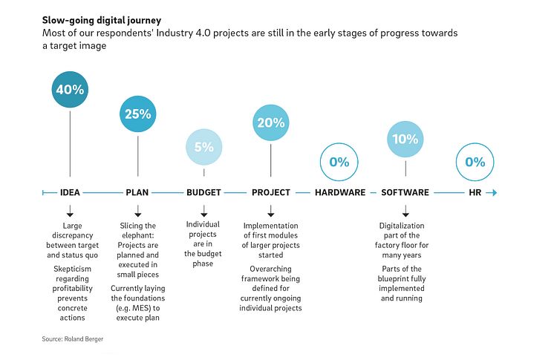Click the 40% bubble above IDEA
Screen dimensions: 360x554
click(70, 91)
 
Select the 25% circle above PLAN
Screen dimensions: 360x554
click(137, 114)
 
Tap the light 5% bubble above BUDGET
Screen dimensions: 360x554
click(203, 147)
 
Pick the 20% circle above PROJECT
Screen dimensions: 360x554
click(271, 124)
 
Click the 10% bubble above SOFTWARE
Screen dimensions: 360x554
click(405, 139)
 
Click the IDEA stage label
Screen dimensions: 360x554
click(70, 193)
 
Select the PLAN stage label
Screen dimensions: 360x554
click(137, 193)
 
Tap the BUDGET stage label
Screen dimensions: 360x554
click(203, 193)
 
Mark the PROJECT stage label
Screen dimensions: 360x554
click(271, 193)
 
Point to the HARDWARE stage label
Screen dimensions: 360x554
click(340, 193)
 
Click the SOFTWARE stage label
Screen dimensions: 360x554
click(405, 193)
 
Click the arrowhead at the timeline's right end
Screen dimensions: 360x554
click(494, 193)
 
